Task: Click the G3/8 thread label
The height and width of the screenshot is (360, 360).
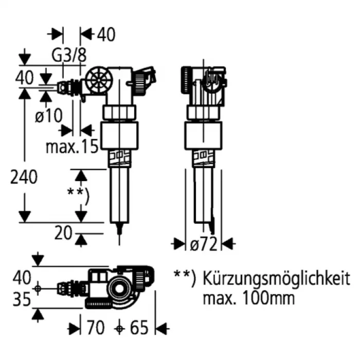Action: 69,56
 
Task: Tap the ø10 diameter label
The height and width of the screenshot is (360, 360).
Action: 49,115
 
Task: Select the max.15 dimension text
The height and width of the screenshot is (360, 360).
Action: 72,147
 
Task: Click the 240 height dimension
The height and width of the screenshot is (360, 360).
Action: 24,177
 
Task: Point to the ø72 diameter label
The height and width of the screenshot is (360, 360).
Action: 204,244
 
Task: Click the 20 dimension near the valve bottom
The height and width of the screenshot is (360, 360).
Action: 63,233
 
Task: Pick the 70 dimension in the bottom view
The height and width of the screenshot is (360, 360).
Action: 96,328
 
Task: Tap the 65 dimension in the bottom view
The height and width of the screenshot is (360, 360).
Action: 139,328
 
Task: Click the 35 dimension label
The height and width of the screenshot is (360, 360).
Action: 22,299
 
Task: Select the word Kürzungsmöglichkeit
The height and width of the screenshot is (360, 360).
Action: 276,279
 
